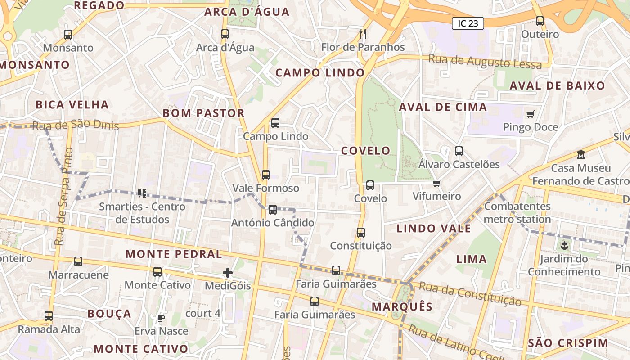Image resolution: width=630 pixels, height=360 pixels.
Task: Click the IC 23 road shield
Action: (x=468, y=23)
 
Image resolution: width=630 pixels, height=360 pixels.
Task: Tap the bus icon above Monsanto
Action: (x=68, y=34)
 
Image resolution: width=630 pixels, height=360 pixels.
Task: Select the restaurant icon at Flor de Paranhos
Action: (x=363, y=34)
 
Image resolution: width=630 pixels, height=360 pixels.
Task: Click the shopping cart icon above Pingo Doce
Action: (x=530, y=114)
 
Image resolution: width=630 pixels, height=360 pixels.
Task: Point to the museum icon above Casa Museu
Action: (x=581, y=154)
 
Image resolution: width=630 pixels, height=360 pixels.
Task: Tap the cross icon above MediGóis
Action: (x=228, y=273)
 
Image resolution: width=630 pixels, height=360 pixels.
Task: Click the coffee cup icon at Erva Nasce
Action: (x=161, y=318)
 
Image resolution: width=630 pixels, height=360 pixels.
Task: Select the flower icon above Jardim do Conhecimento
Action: (x=564, y=246)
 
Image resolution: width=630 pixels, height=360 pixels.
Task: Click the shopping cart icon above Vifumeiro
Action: (x=436, y=183)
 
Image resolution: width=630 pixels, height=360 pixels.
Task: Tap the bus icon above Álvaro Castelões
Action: (x=459, y=151)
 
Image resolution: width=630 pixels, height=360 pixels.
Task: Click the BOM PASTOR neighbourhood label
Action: (x=203, y=113)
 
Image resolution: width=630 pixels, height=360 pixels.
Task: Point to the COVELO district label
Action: (x=366, y=151)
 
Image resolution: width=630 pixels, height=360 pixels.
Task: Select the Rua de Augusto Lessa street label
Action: (x=485, y=62)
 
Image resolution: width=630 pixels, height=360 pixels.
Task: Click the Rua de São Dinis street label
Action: (x=75, y=125)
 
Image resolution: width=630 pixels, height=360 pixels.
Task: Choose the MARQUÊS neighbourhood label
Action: (x=402, y=307)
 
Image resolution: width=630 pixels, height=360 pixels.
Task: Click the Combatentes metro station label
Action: (x=517, y=213)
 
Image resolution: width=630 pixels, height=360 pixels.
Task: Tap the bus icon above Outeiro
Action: (x=540, y=21)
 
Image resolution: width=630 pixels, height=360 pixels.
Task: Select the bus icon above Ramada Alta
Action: (x=49, y=316)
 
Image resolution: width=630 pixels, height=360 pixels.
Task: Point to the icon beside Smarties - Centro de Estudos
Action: (x=142, y=193)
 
